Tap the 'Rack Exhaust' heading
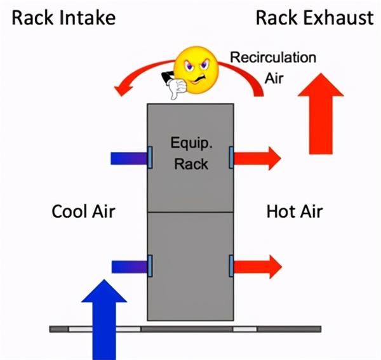coord(314,17)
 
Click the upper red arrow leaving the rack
coord(257,158)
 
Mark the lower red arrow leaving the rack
coord(257,265)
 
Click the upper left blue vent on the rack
coord(150,157)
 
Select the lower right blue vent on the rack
coord(231,265)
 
